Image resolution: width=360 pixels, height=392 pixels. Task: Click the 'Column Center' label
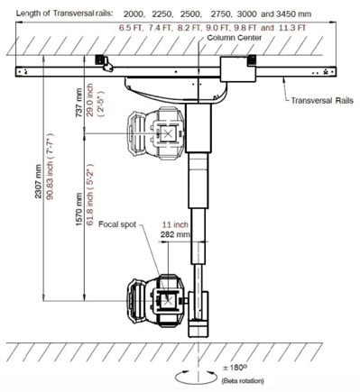pyautogui.click(x=235, y=38)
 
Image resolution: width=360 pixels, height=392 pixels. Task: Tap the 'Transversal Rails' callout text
pyautogui.click(x=322, y=100)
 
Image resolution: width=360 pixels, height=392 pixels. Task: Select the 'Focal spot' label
pyautogui.click(x=117, y=224)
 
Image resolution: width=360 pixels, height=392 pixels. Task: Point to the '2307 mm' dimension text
pyautogui.click(x=38, y=181)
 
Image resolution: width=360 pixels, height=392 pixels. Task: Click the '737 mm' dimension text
pyautogui.click(x=78, y=103)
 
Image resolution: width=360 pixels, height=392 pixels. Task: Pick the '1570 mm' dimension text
pyautogui.click(x=78, y=209)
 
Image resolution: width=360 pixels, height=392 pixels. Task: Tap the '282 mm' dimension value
pyautogui.click(x=175, y=234)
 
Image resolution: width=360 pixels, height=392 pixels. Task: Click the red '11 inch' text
pyautogui.click(x=175, y=224)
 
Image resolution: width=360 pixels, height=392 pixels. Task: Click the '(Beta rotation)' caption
pyautogui.click(x=243, y=381)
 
